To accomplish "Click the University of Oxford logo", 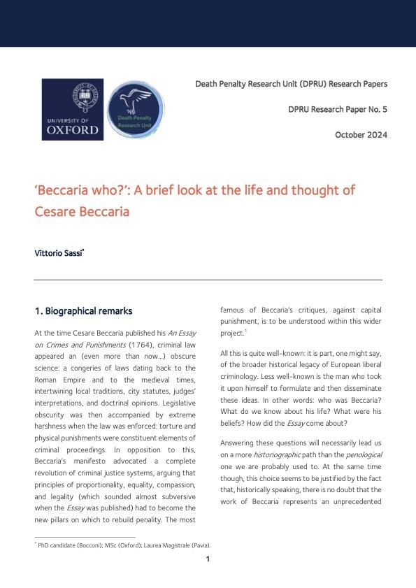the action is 73,109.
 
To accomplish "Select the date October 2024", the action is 361,134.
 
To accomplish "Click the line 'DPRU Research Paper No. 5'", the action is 338,110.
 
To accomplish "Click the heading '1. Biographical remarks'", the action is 83,310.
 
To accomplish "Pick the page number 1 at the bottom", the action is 208,559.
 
